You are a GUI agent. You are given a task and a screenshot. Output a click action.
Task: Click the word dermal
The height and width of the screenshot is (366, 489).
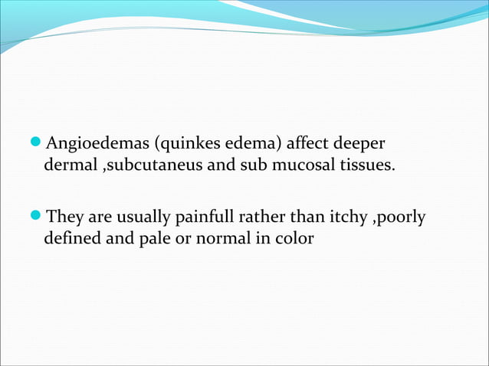pyautogui.click(x=70, y=165)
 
